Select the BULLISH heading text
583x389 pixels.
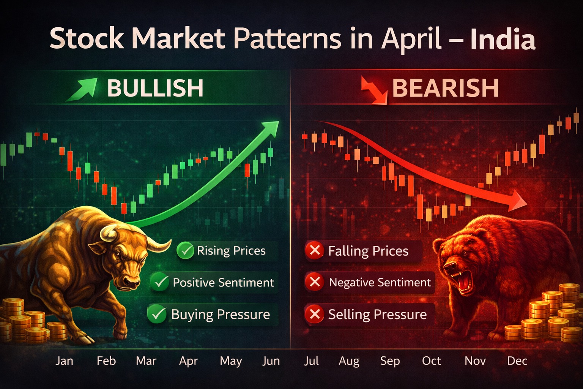155,88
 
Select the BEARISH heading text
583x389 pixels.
445,88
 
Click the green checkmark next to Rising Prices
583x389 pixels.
186,251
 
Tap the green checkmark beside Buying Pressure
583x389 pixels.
157,314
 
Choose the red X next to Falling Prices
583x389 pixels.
315,251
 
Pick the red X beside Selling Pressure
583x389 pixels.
315,314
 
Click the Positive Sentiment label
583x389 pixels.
223,283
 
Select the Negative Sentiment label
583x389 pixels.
380,283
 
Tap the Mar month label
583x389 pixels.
146,361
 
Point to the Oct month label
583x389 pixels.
432,361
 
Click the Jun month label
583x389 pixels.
271,361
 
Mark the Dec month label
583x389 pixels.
517,361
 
